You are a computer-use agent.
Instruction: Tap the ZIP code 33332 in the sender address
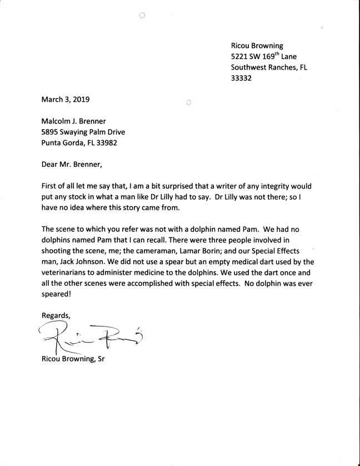pyautogui.click(x=241, y=78)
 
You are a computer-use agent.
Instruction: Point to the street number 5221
pyautogui.click(x=240, y=56)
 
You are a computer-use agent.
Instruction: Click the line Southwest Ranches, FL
pyautogui.click(x=269, y=67)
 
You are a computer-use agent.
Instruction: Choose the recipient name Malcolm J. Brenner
pyautogui.click(x=80, y=121)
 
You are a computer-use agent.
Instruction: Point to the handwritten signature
pyautogui.click(x=89, y=338)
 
